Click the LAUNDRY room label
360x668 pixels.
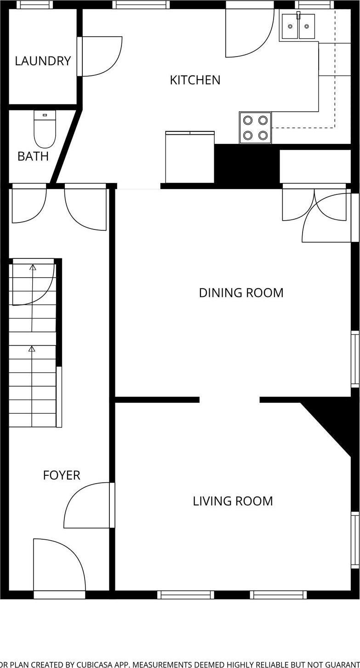click(43, 61)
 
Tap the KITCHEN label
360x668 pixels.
click(195, 80)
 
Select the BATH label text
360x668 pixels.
click(33, 156)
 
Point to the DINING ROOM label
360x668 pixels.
click(241, 293)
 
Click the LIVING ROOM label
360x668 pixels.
click(233, 501)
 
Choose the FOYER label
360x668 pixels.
click(62, 475)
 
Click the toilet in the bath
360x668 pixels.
click(45, 129)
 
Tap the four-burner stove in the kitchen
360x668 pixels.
click(255, 128)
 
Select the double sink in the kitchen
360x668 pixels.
click(298, 26)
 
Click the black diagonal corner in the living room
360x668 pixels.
click(336, 423)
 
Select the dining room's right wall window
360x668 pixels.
click(355, 359)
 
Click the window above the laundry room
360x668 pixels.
click(34, 5)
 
